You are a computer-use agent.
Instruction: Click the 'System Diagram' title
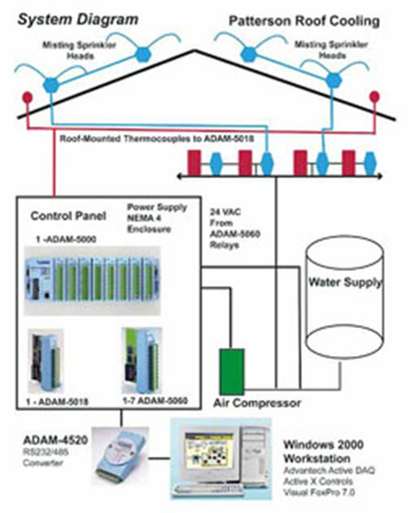pos(78,20)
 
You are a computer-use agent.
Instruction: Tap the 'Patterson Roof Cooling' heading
pos(304,21)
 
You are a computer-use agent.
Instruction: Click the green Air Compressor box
pos(232,371)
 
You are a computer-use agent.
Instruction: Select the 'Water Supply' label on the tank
pos(345,282)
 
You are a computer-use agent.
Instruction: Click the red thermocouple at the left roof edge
pos(28,98)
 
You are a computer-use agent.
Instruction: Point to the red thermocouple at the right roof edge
pos(374,97)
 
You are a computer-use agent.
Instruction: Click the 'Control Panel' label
pos(68,216)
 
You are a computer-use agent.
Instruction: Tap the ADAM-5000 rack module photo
pos(93,280)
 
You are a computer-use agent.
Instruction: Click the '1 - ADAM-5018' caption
pos(57,401)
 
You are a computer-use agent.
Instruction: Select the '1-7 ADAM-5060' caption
pos(155,401)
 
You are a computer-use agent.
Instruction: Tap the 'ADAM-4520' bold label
pos(55,440)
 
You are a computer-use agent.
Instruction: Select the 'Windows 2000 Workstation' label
pos(323,451)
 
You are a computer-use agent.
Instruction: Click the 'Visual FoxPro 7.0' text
pos(319,492)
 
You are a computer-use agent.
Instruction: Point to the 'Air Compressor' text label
pos(257,403)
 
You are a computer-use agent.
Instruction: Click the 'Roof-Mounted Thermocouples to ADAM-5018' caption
pos(157,138)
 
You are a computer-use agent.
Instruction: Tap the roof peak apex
pos(195,50)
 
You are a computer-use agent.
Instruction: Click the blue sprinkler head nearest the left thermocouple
pos(51,85)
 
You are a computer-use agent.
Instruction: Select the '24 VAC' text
pos(225,213)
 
